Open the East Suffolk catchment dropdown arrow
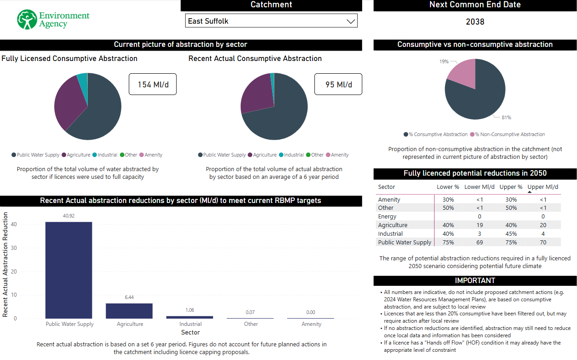point(350,21)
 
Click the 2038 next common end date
point(475,22)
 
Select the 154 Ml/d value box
point(152,84)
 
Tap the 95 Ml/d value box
point(338,84)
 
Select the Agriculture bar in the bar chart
point(129,311)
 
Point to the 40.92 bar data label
point(69,216)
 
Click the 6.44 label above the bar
point(129,298)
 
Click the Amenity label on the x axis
point(311,324)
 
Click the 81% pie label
point(506,117)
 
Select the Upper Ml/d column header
point(542,187)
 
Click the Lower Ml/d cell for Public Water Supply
point(480,242)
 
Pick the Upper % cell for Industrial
point(511,233)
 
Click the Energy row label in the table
point(387,217)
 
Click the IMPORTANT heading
point(475,280)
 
